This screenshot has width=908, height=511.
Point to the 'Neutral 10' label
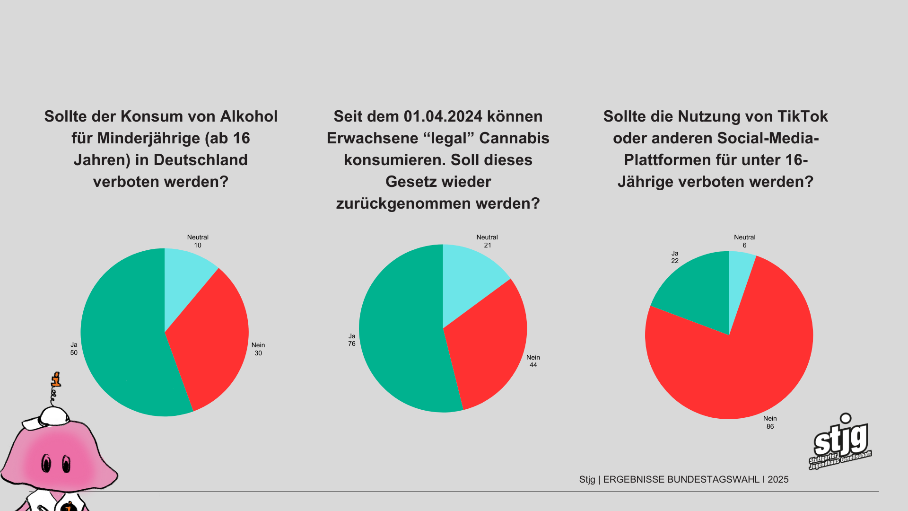(x=198, y=241)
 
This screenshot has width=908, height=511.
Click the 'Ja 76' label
(x=352, y=340)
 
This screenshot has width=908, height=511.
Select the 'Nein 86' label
(x=770, y=423)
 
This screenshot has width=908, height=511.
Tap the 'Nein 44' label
(x=533, y=361)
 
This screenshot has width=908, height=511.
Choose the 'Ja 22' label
(x=675, y=257)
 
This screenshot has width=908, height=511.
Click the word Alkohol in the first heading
(x=249, y=116)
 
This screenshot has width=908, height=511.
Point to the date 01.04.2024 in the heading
(x=443, y=116)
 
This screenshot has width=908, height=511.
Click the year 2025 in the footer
(x=778, y=479)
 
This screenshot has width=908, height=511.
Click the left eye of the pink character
(x=46, y=463)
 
